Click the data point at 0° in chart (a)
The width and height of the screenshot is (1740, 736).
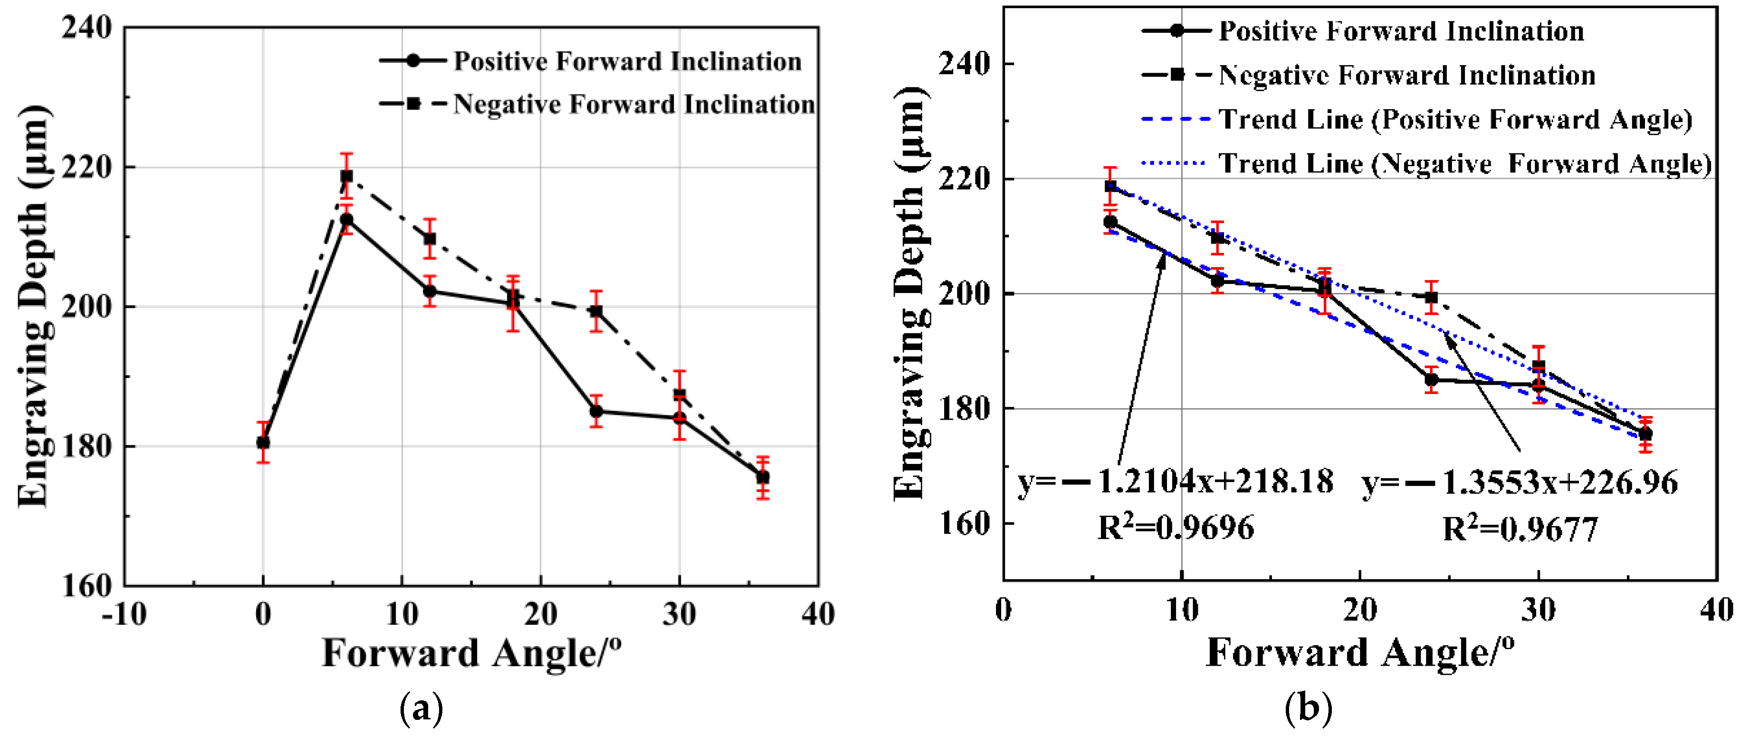263,442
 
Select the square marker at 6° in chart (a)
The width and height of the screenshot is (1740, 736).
346,176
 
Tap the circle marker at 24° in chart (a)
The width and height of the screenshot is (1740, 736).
596,411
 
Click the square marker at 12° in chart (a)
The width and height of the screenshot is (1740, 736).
430,238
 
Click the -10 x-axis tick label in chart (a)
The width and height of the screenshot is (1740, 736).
124,614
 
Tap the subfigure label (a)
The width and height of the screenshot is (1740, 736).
422,708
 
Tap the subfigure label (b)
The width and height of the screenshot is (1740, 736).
1309,708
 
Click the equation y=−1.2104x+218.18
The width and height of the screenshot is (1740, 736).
1176,482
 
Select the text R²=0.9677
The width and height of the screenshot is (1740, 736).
1520,529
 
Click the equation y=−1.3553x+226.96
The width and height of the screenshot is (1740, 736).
1520,482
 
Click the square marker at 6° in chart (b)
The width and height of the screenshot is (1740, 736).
1110,186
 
